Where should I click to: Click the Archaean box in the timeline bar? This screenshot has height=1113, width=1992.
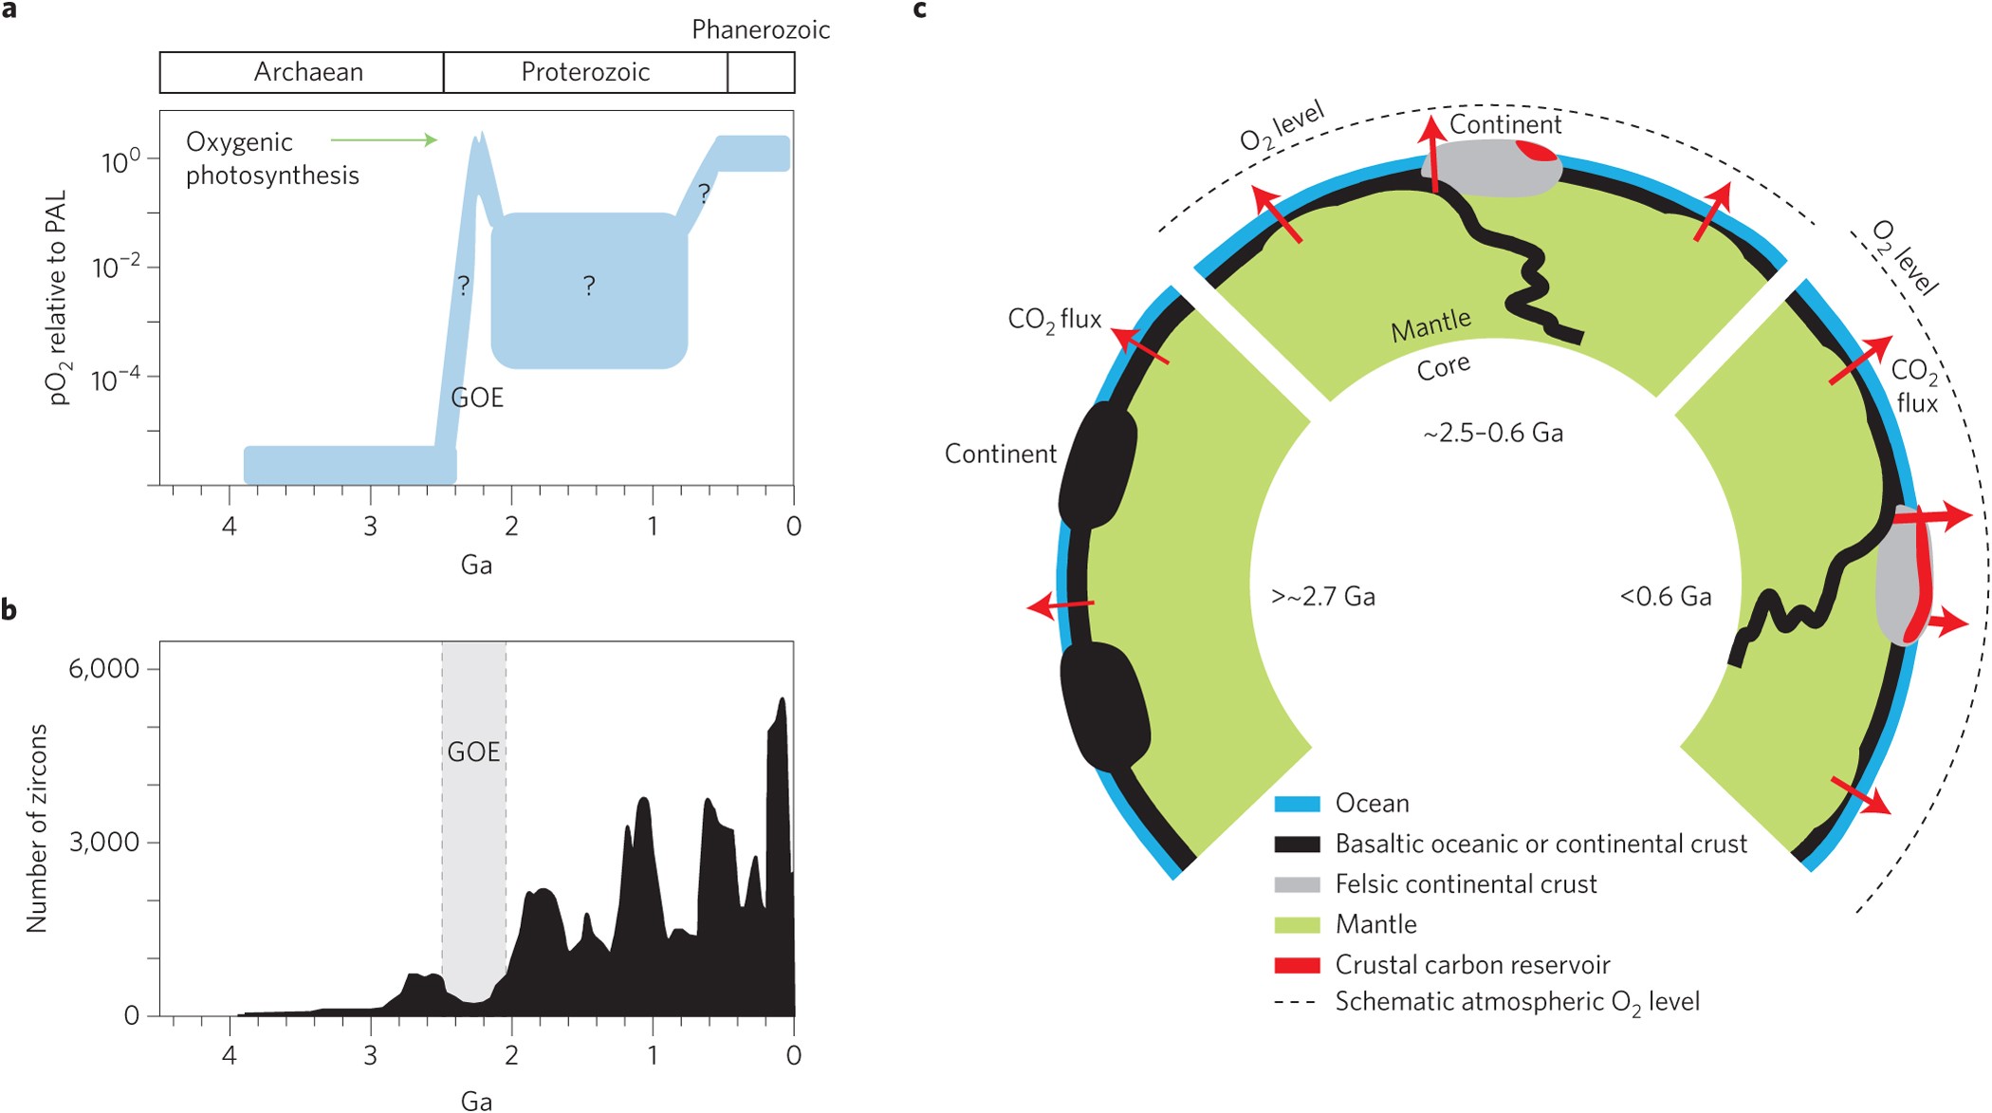click(x=302, y=72)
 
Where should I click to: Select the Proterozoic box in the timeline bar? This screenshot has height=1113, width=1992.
click(x=585, y=72)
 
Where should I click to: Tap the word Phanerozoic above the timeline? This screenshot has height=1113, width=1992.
click(x=760, y=30)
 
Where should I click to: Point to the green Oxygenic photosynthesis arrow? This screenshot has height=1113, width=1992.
click(x=384, y=140)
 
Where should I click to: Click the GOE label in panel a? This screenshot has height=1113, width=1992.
click(x=477, y=398)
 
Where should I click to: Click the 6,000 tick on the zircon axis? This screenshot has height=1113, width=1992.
click(x=103, y=669)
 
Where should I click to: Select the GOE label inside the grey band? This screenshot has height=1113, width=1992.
click(x=473, y=752)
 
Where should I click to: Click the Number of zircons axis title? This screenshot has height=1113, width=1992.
click(x=37, y=827)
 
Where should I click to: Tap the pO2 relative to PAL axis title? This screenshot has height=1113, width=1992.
click(x=57, y=297)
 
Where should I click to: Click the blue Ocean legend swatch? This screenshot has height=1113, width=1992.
click(x=1297, y=804)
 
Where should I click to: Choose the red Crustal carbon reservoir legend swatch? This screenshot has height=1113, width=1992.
click(x=1297, y=965)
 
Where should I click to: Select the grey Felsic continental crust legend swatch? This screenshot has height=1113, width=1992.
click(x=1297, y=884)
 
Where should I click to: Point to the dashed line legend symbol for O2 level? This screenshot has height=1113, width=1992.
click(x=1295, y=1002)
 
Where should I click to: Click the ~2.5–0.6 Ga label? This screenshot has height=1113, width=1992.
click(x=1493, y=434)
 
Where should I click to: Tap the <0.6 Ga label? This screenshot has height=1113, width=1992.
click(x=1666, y=597)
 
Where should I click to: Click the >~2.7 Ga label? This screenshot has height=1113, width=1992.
click(x=1323, y=597)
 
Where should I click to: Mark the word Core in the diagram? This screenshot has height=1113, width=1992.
click(x=1444, y=367)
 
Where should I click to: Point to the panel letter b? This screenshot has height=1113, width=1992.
click(x=9, y=610)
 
